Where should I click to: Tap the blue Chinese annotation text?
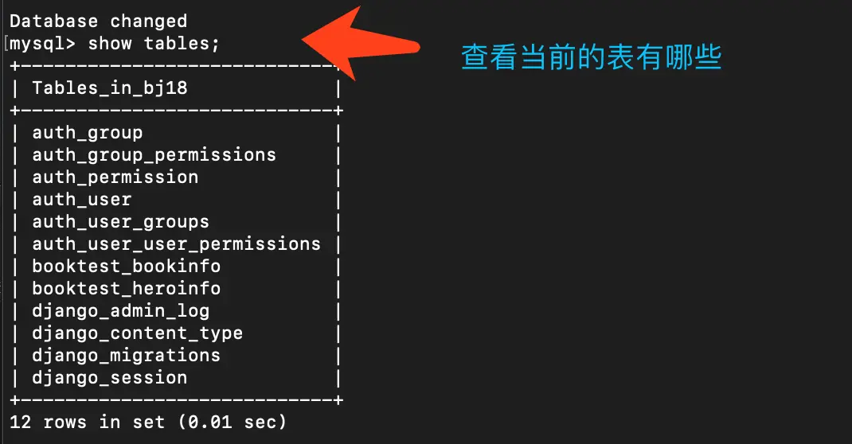[x=592, y=58]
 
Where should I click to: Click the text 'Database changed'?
[x=99, y=21]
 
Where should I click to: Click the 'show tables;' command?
[x=154, y=43]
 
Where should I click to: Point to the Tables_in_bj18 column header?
[x=110, y=88]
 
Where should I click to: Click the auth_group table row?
[x=88, y=132]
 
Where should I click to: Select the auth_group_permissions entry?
[x=154, y=154]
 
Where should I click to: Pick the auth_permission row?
[x=115, y=177]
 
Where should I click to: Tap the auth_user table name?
[x=82, y=199]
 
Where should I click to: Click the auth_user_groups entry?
[x=121, y=221]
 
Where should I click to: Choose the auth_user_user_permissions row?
[x=176, y=243]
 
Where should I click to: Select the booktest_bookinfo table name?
[x=127, y=266]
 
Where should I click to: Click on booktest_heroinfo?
[x=127, y=288]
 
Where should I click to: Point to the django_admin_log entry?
[x=121, y=310]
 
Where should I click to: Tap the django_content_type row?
[x=138, y=333]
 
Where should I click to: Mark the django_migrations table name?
[x=127, y=355]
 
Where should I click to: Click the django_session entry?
[x=110, y=377]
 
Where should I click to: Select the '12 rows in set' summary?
[x=88, y=422]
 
